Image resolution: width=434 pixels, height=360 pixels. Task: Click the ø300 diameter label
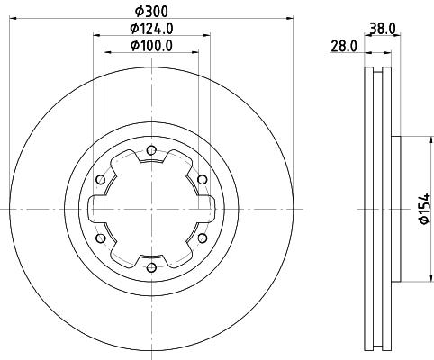pyautogui.click(x=150, y=11)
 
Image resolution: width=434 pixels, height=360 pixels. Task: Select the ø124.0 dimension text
pyautogui.click(x=150, y=29)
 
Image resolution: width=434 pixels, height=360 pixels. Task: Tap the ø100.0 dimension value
pyautogui.click(x=150, y=46)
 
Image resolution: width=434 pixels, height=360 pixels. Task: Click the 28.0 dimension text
pyautogui.click(x=344, y=46)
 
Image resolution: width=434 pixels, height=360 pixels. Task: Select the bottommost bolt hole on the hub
pyautogui.click(x=150, y=267)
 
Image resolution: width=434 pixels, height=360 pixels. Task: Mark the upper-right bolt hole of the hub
pyautogui.click(x=202, y=179)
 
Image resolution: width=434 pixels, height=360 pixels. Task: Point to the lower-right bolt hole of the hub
pyautogui.click(x=202, y=238)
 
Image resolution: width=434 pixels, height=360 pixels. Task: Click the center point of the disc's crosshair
pyautogui.click(x=150, y=209)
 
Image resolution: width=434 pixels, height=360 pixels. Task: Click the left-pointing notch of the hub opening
pyautogui.click(x=92, y=209)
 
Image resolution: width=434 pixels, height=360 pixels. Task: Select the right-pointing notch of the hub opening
pyautogui.click(x=210, y=209)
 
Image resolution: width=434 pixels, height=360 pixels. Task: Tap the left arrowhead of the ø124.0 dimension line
pyautogui.click(x=95, y=34)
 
